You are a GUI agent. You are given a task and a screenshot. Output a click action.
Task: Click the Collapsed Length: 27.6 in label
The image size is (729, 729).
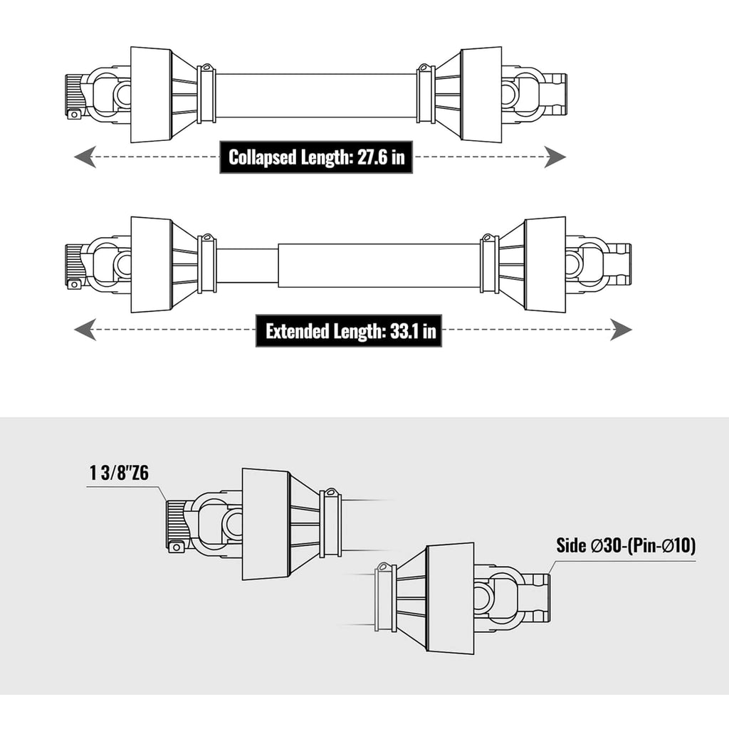point(316,157)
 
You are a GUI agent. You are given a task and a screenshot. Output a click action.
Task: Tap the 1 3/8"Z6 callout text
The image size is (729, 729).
point(119,473)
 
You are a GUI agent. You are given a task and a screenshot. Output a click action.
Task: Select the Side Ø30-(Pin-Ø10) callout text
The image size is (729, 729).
point(626,545)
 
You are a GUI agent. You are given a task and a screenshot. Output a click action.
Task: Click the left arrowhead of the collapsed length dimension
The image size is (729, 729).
point(85,157)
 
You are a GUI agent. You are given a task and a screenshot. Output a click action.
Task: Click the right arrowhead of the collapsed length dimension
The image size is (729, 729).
point(555,157)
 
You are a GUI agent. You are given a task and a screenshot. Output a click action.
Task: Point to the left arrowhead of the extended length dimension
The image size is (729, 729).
point(85,330)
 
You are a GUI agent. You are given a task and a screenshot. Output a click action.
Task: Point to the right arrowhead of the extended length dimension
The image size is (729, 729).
point(621,330)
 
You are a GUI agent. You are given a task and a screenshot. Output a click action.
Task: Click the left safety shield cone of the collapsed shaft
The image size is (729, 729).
point(152,95)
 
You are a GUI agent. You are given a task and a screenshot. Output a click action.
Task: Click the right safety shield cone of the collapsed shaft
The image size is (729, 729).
point(482,94)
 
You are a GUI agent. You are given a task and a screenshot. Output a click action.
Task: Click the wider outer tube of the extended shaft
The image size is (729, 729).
point(379,265)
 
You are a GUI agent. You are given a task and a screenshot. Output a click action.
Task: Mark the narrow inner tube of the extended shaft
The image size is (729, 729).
point(247,265)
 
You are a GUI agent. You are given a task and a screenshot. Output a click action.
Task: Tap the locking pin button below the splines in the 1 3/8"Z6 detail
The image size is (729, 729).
point(176,547)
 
